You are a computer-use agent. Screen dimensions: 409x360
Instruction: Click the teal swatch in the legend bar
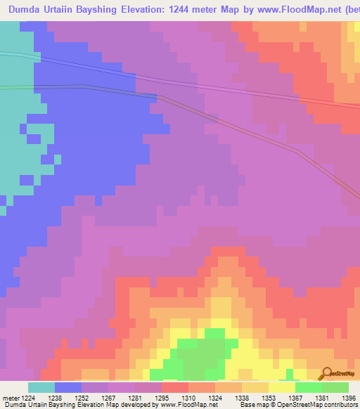(41, 387)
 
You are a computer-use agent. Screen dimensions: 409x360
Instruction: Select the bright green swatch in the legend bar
(309, 387)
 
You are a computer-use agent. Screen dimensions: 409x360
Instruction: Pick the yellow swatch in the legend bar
(282, 387)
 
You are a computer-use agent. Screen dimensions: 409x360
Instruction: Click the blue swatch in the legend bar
(68, 387)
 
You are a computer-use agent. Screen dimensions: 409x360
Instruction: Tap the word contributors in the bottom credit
(340, 404)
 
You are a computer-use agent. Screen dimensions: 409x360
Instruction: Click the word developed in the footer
(133, 404)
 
